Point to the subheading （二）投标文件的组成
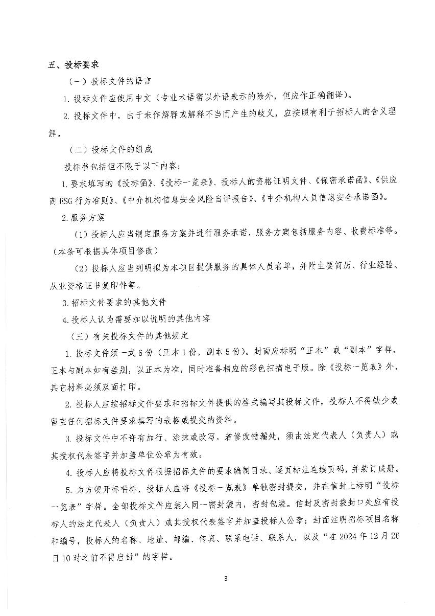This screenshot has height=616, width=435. click(x=110, y=150)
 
